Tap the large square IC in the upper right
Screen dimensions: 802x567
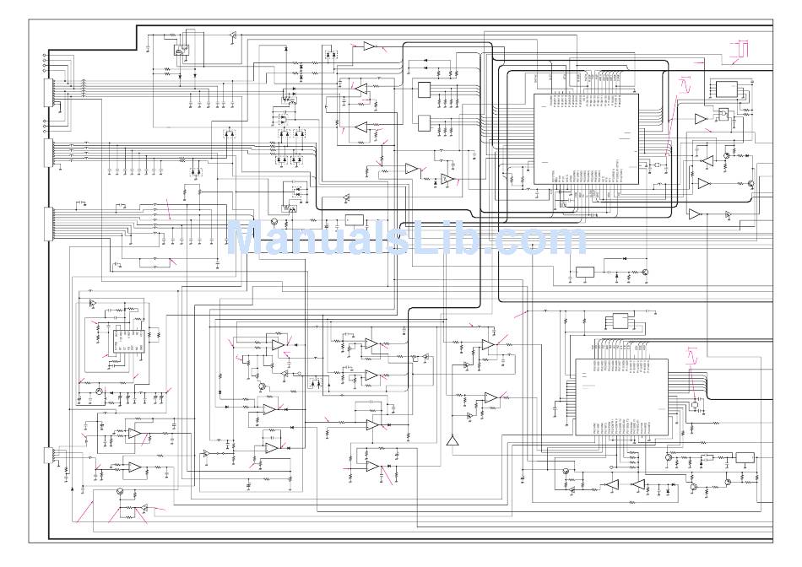pyautogui.click(x=585, y=138)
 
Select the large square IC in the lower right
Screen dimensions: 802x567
pyautogui.click(x=620, y=397)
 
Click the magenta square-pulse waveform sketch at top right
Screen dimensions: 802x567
pyautogui.click(x=740, y=49)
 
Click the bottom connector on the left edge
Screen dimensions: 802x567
pyautogui.click(x=48, y=456)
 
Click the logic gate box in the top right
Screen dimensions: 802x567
pyautogui.click(x=723, y=116)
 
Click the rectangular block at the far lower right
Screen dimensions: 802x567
pyautogui.click(x=744, y=458)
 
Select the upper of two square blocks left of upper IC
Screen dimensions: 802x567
pyautogui.click(x=424, y=91)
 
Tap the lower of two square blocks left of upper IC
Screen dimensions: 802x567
pyautogui.click(x=424, y=123)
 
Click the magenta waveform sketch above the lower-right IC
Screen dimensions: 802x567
pyautogui.click(x=692, y=354)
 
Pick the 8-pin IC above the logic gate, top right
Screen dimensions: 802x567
pyautogui.click(x=724, y=88)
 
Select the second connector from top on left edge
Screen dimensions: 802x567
pyautogui.click(x=48, y=154)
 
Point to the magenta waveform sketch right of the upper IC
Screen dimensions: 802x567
pyautogui.click(x=684, y=84)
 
